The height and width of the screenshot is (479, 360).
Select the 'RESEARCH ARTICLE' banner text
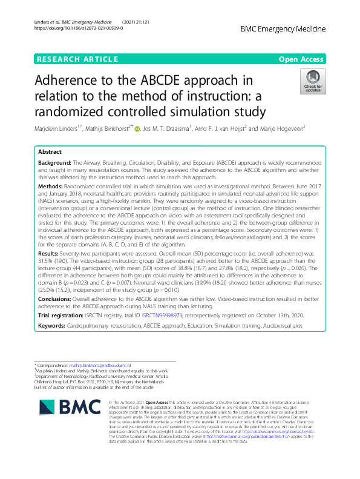tap(76, 59)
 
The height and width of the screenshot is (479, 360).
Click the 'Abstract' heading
tap(50, 152)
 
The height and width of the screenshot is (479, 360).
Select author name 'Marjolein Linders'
tap(57, 128)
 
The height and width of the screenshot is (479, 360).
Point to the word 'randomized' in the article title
tap(80, 112)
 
